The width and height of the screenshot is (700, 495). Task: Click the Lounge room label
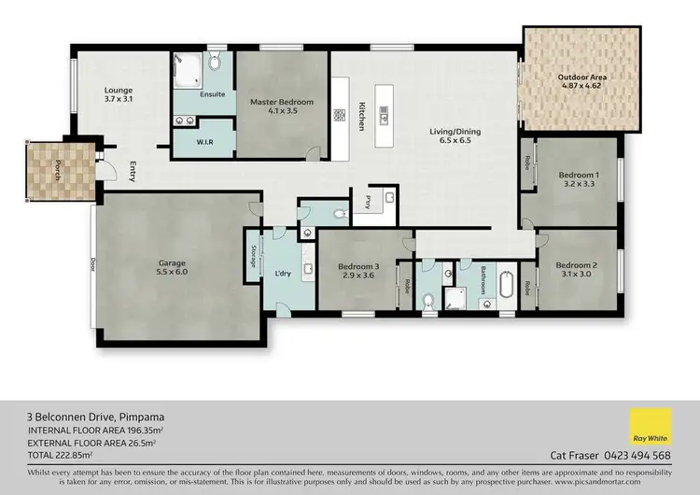click(118, 94)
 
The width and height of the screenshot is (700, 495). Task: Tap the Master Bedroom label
click(282, 106)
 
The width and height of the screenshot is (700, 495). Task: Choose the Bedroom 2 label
click(577, 268)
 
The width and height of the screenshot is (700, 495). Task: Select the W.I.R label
click(206, 143)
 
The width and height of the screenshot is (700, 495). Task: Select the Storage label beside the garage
click(253, 257)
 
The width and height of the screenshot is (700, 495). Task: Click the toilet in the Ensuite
click(215, 63)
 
